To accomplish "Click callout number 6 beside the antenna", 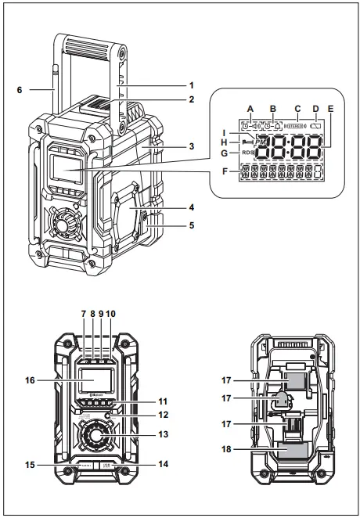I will pyautogui.click(x=20, y=90).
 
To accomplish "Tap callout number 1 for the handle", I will pyautogui.click(x=190, y=85).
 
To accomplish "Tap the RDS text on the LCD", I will pyautogui.click(x=247, y=153).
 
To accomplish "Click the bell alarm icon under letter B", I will pyautogui.click(x=277, y=126).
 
